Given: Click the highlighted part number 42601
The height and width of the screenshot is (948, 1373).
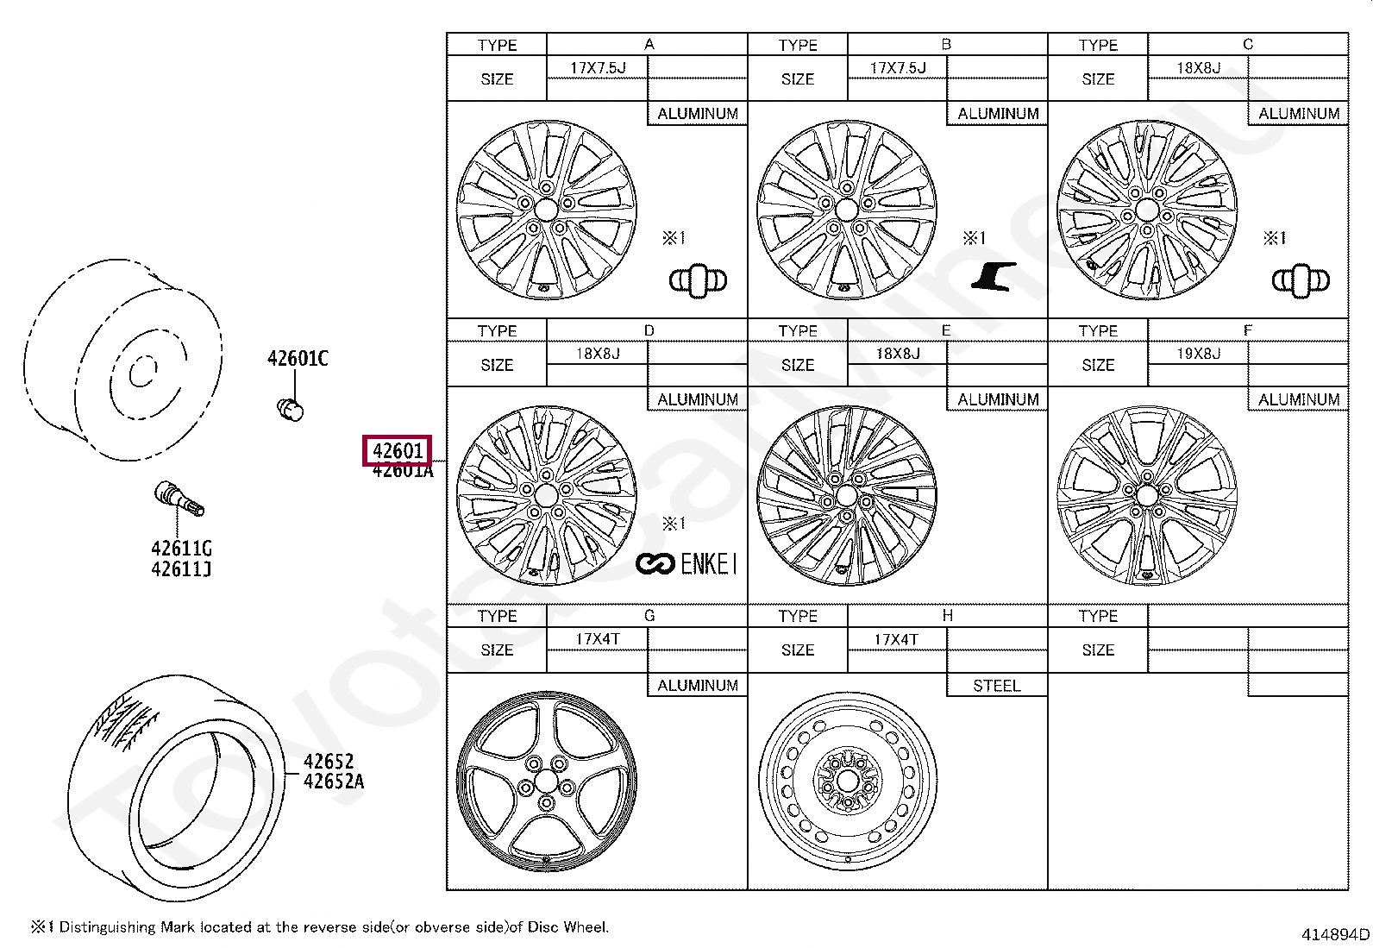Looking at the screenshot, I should click(x=398, y=450).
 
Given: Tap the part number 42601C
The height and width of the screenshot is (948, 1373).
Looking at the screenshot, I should click(x=298, y=359).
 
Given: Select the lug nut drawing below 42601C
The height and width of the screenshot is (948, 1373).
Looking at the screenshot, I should click(x=292, y=409).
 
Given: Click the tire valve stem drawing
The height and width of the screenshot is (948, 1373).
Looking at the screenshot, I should click(x=179, y=499).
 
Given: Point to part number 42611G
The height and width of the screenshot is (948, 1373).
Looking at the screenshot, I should click(x=181, y=549).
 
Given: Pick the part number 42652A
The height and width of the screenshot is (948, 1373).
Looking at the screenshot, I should click(x=334, y=782).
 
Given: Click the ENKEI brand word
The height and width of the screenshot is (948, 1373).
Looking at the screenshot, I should click(x=709, y=564).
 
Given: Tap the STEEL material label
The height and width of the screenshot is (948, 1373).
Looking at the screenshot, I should click(x=996, y=686).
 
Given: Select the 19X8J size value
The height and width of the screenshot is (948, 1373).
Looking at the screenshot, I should click(x=1198, y=353).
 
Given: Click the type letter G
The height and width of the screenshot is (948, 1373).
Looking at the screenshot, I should click(x=649, y=616).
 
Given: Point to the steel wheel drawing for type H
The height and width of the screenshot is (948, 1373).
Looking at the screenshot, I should click(x=848, y=780).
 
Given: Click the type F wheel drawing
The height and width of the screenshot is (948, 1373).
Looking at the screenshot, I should click(x=1146, y=495).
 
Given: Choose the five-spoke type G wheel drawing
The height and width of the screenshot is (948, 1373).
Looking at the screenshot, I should click(x=546, y=782).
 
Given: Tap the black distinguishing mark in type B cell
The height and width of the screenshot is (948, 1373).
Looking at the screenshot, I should click(x=994, y=276).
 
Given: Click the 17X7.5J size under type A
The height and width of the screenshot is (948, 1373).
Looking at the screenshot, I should click(x=598, y=67).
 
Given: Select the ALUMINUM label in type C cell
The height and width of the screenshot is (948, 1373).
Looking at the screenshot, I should click(x=1298, y=114).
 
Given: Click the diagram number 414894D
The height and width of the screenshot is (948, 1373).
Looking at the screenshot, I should click(x=1335, y=934).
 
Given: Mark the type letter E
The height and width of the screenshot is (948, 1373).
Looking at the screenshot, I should click(x=946, y=330).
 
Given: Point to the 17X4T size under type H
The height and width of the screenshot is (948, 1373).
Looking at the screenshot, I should click(x=896, y=639).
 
